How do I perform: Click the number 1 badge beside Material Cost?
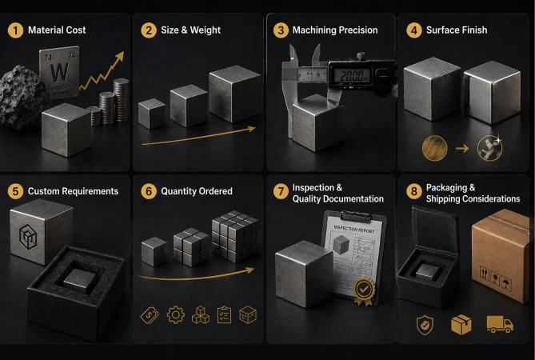15,30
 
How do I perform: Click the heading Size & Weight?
190,30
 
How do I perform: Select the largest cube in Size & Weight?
234,94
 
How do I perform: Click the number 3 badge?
281,30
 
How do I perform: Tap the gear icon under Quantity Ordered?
175,315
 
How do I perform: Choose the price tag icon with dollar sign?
150,315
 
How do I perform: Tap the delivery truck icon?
500,324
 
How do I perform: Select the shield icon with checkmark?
425,324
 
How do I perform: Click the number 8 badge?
413,191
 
